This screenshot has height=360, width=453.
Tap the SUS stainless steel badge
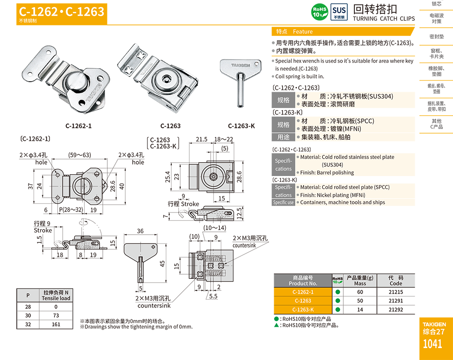[339, 12]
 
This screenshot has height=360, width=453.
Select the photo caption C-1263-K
[241, 126]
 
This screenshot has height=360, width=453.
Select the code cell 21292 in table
[395, 310]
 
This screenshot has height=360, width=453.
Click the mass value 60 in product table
[360, 292]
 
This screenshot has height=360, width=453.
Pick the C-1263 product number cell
[303, 301]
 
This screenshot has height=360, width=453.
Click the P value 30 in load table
[28, 315]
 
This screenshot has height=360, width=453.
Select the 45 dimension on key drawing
[162, 263]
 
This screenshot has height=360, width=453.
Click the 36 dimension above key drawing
[140, 231]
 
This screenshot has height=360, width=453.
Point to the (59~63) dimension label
[79, 155]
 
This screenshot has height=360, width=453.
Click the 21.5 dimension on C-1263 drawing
[201, 139]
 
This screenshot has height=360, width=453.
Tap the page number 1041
[432, 344]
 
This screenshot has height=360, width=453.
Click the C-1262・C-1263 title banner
[62, 11]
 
